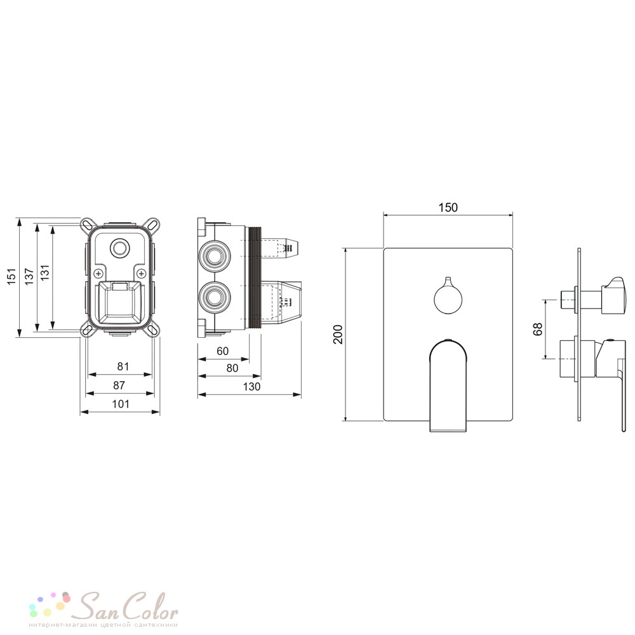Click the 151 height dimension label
11,276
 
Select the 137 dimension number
29,276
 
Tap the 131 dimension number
44,272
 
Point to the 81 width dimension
123,366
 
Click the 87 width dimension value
119,385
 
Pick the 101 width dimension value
121,404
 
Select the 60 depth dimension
222,351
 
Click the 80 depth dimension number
232,368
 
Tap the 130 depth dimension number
251,386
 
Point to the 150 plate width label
448,208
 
